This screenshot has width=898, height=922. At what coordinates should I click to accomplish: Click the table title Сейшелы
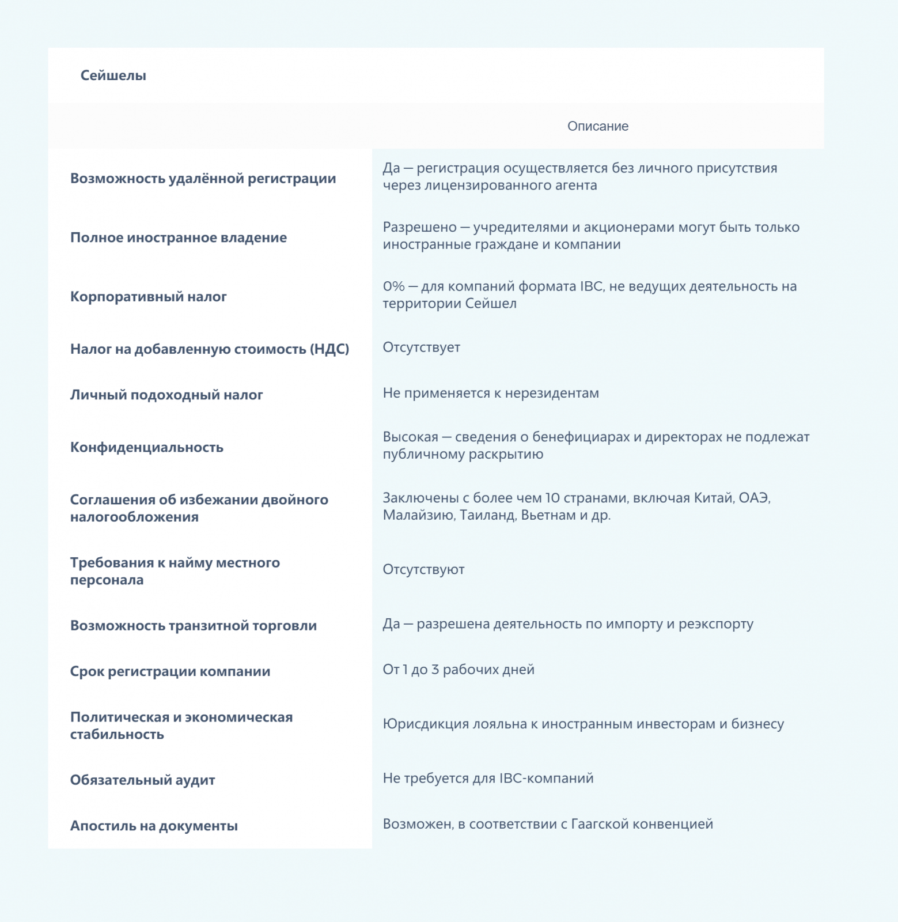113,75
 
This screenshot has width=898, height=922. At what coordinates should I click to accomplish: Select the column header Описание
597,126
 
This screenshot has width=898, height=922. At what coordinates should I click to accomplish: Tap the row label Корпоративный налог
148,297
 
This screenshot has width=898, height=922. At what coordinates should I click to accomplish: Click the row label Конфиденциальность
146,447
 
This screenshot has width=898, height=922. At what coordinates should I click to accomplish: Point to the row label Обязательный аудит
142,780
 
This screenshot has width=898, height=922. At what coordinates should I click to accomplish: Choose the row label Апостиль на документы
154,826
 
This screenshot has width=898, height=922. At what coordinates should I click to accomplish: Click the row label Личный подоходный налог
166,395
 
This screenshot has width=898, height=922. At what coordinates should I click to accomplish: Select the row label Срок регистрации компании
170,671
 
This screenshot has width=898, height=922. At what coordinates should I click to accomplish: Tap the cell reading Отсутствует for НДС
421,347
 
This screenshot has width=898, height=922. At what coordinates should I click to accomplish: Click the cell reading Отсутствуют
423,569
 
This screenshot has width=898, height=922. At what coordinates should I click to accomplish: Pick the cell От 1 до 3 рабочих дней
459,670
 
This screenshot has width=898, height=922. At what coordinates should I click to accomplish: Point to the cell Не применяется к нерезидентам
491,393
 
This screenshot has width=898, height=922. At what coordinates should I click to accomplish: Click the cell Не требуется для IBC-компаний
488,778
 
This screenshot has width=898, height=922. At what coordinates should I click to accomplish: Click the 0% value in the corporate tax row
393,286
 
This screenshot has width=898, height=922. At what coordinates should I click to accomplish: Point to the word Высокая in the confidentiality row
410,437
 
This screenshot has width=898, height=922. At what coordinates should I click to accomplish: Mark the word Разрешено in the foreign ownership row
419,228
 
